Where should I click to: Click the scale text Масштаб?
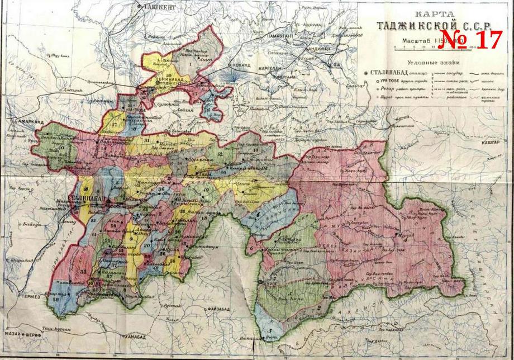[x=417, y=41]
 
